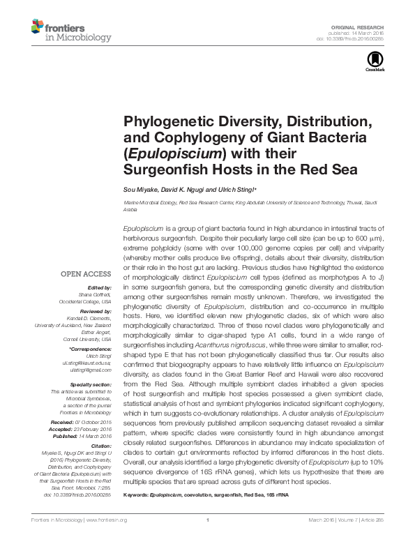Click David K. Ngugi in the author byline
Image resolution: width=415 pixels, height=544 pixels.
point(188,190)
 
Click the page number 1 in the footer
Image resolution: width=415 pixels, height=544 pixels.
point(208,520)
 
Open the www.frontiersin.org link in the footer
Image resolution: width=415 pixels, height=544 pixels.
point(106,520)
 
